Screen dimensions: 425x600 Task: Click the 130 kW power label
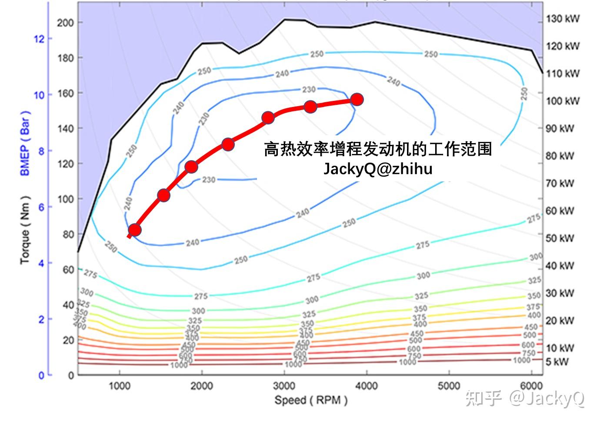563,19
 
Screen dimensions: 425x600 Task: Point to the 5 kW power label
557,361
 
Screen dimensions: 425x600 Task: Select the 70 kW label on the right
560,183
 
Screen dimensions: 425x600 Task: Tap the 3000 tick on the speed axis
284,386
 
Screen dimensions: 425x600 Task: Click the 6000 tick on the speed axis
531,386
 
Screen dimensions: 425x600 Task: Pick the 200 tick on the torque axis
65,23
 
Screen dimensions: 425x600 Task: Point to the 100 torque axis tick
65,199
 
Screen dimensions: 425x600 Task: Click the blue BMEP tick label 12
39,39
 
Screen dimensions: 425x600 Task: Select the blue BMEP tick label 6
41,207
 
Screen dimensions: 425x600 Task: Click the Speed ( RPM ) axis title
310,400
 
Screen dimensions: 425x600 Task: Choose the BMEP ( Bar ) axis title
25,143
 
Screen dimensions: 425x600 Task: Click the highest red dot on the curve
357,100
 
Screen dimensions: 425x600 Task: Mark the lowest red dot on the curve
135,230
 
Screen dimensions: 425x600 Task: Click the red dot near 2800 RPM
268,118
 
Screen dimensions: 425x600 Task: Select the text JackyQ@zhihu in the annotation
377,169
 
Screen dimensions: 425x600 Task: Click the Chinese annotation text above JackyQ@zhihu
377,149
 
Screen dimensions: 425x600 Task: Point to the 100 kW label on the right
563,101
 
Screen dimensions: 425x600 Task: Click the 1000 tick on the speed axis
119,386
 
